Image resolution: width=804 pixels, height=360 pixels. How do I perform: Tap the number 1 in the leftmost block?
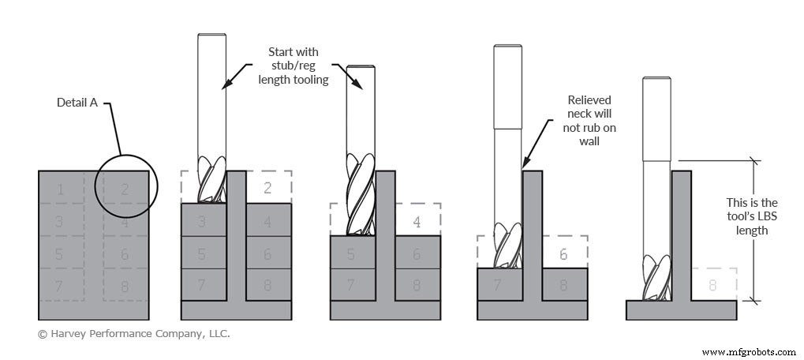[x=61, y=189]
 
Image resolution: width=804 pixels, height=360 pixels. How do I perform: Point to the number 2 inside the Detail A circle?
[x=125, y=189]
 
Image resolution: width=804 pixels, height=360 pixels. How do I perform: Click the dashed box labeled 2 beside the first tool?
[x=267, y=187]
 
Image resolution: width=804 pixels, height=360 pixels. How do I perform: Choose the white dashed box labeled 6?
[x=563, y=254]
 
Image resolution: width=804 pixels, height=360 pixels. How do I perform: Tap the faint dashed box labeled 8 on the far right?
[x=713, y=284]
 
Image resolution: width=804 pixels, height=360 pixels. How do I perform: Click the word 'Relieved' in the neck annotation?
[x=589, y=100]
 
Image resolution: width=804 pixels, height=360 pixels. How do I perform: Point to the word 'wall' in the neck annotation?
[x=589, y=143]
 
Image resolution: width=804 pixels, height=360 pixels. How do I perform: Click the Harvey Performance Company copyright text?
[x=134, y=334]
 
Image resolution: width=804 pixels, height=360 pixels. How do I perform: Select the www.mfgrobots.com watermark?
[x=749, y=351]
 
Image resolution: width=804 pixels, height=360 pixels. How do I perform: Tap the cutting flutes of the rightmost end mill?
[x=654, y=278]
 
